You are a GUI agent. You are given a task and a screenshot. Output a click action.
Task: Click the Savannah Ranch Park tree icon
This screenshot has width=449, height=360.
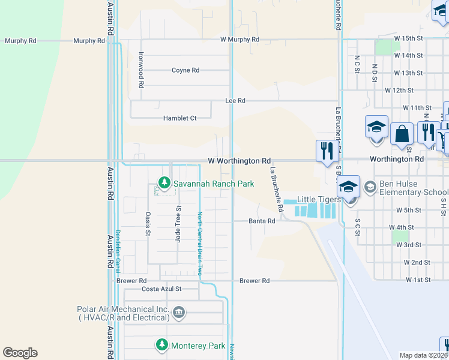coord(163,182)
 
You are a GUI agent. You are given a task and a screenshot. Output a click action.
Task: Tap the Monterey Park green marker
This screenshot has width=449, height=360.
coord(161,345)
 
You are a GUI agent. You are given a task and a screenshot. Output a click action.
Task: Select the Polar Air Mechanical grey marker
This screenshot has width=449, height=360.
coord(178,313)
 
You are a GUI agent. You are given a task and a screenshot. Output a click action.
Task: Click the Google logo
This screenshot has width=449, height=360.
coord(20,353)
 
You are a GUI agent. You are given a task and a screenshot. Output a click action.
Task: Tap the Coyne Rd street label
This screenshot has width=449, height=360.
coord(185,70)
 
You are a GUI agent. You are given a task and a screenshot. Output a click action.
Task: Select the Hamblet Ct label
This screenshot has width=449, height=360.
coord(180,119)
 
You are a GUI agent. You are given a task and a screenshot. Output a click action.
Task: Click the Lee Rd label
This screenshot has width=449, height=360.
coord(235,101)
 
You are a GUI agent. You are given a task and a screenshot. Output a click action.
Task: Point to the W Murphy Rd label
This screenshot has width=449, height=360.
coord(240,40)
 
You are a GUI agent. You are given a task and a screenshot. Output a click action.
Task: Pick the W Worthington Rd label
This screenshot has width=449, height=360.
coord(239,161)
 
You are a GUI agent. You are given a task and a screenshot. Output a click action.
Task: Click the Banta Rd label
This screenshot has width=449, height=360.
coord(262,221)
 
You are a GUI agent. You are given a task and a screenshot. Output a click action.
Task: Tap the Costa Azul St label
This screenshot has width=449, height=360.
coord(161,289)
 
